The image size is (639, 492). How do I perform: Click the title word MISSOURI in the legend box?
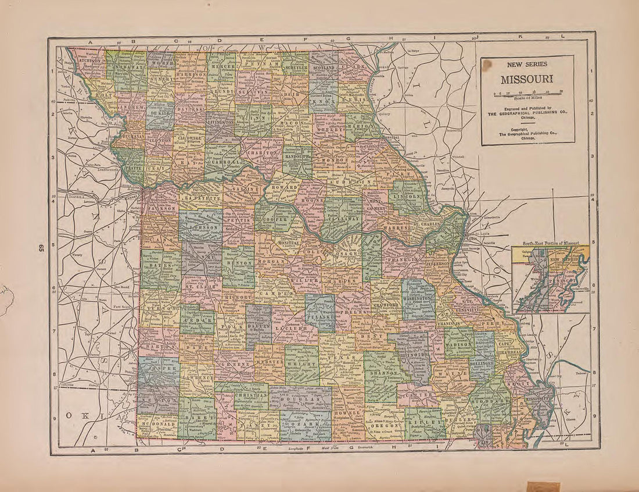[527, 79]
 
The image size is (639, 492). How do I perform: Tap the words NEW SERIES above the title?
[527, 65]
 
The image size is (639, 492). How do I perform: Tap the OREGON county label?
[384, 426]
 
